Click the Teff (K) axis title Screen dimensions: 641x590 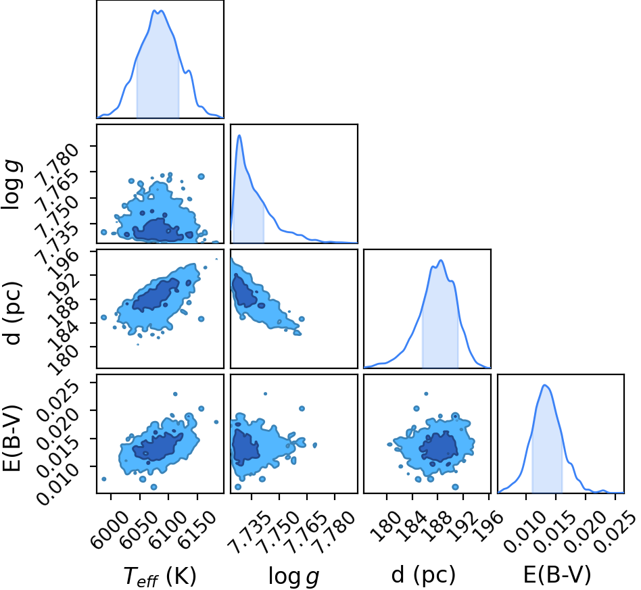pyautogui.click(x=160, y=576)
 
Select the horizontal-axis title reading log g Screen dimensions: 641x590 pyautogui.click(x=293, y=576)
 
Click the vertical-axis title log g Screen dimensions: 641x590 pyautogui.click(x=12, y=185)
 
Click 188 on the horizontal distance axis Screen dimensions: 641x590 pyautogui.click(x=437, y=527)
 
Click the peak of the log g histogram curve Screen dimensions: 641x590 pyautogui.click(x=239, y=135)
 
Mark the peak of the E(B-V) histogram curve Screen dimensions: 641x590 pyautogui.click(x=544, y=385)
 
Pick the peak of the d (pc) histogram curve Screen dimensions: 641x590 pyautogui.click(x=441, y=260)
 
